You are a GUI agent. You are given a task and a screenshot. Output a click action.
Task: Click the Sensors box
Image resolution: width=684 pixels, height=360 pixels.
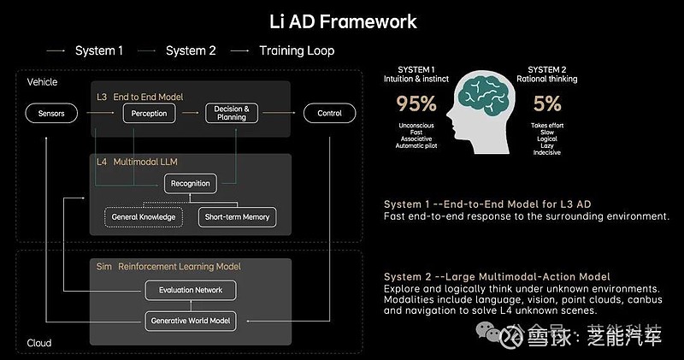coord(51,114)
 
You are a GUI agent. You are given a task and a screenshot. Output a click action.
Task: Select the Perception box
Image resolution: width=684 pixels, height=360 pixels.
coord(149,114)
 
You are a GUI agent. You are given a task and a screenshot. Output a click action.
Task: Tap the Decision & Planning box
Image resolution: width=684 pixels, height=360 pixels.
coord(232,113)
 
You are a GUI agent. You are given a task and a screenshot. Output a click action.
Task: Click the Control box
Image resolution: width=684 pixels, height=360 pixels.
coord(329,113)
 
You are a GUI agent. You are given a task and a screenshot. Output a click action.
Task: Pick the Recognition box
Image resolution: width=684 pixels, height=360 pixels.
coord(190,184)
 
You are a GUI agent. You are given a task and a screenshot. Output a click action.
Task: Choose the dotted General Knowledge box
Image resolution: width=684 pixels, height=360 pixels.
coord(144,217)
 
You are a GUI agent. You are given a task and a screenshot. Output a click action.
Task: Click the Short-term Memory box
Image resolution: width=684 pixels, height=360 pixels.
coord(238,217)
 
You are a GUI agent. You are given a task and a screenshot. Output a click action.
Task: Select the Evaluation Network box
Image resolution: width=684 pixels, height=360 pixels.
coord(191,290)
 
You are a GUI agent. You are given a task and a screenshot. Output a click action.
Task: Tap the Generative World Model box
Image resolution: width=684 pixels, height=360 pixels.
coord(191,321)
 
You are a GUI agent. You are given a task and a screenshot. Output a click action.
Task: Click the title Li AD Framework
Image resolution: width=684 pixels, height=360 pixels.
coord(343,22)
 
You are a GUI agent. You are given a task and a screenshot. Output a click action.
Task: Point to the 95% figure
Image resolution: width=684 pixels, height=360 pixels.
coord(416,103)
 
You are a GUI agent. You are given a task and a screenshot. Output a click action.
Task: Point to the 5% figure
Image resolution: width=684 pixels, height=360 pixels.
coord(547,103)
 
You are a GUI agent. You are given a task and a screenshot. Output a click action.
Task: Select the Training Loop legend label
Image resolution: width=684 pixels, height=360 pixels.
coord(297,50)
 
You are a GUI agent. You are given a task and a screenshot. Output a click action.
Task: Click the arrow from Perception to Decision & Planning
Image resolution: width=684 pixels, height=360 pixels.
coord(190,113)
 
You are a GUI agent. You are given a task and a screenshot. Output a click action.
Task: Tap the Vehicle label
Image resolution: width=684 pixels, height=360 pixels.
coord(42,82)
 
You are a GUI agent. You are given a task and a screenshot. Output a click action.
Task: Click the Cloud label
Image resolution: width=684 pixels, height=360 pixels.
coord(39,343)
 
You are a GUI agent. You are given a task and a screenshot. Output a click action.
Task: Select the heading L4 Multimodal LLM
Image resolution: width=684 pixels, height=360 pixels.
coord(137,162)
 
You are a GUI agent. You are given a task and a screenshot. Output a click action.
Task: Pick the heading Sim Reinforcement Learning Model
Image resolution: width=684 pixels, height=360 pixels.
coord(168,267)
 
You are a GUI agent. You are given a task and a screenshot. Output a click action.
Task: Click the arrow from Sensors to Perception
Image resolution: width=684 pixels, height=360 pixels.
coord(100,113)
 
